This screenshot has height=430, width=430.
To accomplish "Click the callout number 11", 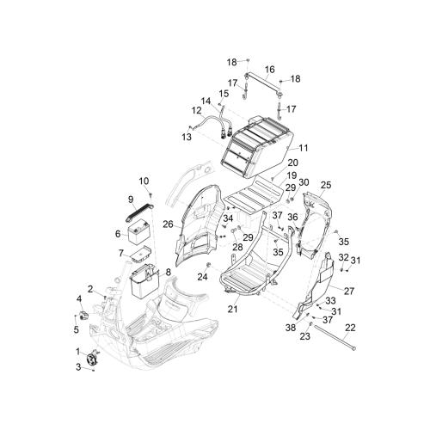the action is pos(304,148).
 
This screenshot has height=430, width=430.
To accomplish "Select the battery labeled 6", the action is pos(139,234).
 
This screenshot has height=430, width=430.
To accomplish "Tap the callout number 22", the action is pos(351,328).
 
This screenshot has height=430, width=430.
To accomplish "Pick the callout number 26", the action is pos(168,224).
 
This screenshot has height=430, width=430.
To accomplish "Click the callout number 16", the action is pos(270,70).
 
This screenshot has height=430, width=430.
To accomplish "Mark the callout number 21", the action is pos(232,309).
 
